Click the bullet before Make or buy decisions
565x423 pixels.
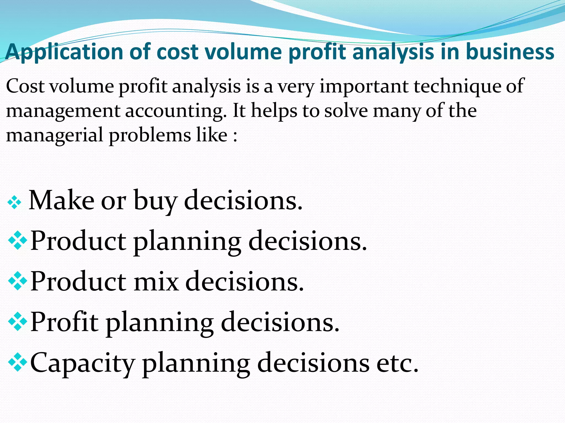14,203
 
